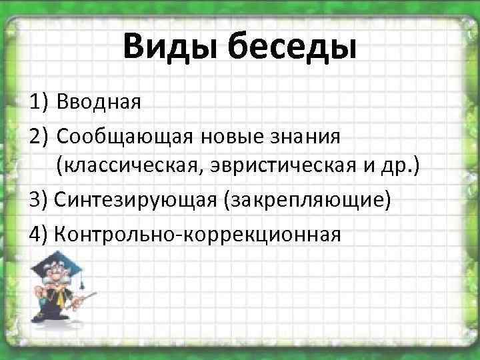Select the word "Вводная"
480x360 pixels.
[x=99, y=103]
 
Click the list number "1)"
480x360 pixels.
[x=38, y=103]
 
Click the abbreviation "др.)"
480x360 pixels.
[x=400, y=167]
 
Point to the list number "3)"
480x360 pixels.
[x=38, y=199]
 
